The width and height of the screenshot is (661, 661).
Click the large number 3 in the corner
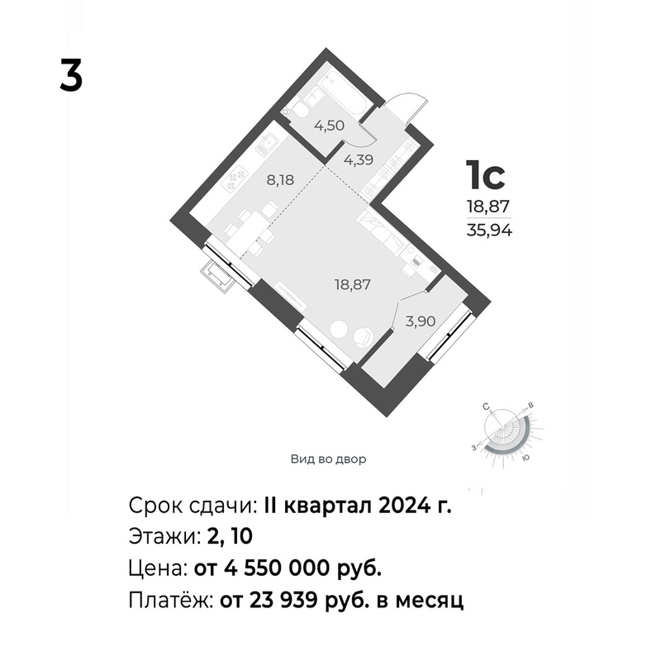[71, 75]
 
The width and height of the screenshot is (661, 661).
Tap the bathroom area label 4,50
[330, 126]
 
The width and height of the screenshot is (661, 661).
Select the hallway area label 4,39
[359, 159]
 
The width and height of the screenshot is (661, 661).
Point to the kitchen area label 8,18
[280, 180]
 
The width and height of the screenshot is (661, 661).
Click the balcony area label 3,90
[421, 321]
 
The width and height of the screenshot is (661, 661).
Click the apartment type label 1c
[485, 175]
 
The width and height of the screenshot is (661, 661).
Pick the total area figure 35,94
[489, 231]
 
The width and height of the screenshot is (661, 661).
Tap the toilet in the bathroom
[300, 111]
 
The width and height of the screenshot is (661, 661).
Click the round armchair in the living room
[364, 337]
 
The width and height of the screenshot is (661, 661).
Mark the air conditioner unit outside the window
[218, 276]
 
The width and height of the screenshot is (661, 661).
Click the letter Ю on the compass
[525, 458]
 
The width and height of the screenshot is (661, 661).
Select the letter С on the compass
[486, 407]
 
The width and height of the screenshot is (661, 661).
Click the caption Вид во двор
[328, 459]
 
